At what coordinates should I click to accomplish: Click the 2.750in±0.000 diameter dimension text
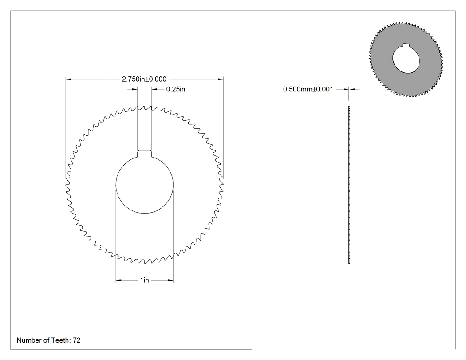coord(144,79)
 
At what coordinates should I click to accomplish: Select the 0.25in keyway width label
coord(176,89)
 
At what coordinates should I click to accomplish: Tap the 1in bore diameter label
coord(144,280)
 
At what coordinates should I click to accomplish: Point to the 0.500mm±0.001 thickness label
coord(308,89)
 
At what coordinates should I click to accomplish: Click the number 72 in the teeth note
coord(77,340)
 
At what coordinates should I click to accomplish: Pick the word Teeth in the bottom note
coord(61,340)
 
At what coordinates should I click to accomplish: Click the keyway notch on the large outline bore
coord(144,153)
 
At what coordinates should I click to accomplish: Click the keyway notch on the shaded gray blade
coord(406,45)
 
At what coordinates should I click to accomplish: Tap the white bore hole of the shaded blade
coord(406,59)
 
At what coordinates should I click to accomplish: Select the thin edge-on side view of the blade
coord(349,184)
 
